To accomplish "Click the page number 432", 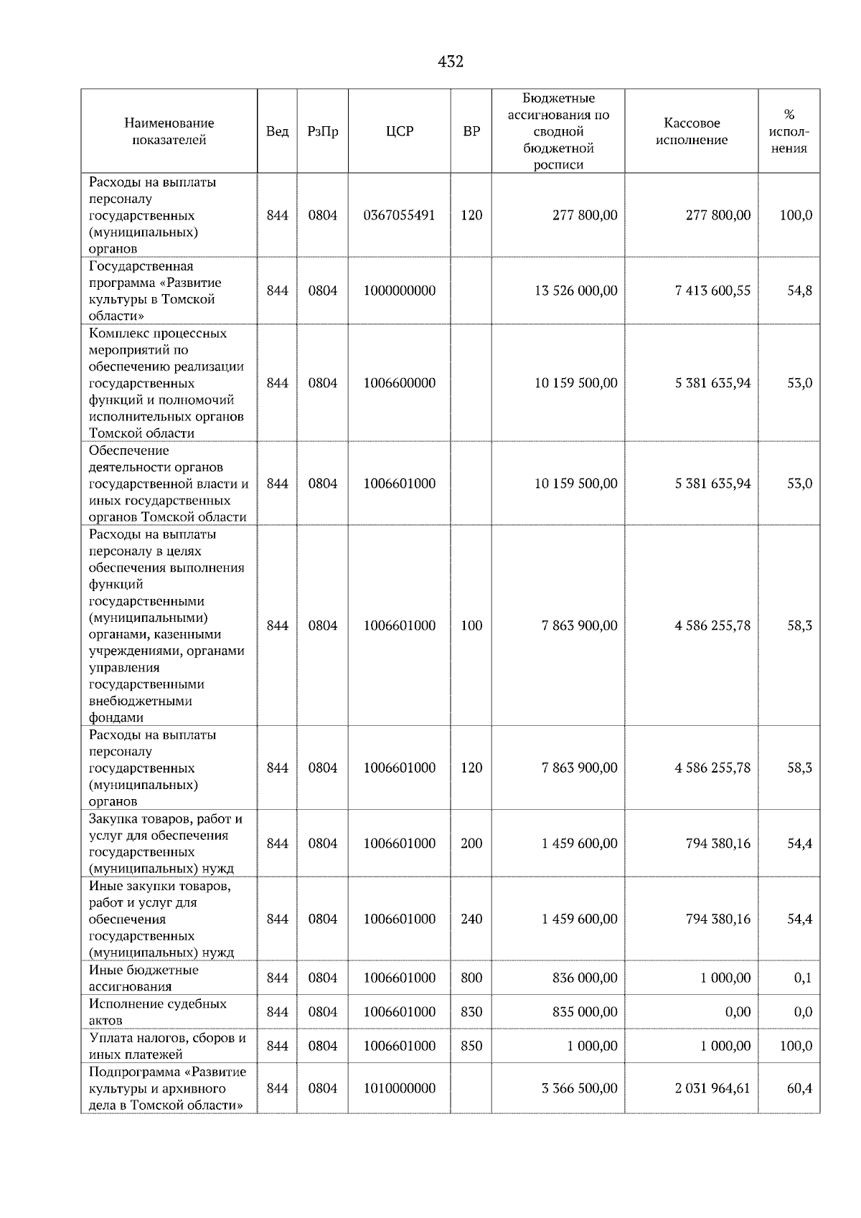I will pos(451,62).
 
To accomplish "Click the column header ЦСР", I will pos(400,131).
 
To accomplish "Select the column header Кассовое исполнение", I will pos(691,131).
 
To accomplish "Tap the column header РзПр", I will pos(322,131).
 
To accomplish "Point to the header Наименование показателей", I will pos(169,131).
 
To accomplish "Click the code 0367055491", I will pos(400,215).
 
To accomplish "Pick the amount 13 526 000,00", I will pos(576,291).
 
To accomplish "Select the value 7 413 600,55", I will pos(712,291).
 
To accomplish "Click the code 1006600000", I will pos(400,383).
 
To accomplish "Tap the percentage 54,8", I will pos(799,291).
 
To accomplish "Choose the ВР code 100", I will pos(471,625).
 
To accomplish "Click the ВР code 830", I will pos(471,1012).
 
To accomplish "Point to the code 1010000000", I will pos(400,1088).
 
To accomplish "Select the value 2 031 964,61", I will pos(712,1088).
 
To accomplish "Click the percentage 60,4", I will pos(799,1088).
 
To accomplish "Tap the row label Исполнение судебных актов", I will pos(158,1012).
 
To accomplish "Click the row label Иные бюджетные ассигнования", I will pos(143,978).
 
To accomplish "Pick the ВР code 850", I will pos(471,1046).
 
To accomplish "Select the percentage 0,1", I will pos(803,978).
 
